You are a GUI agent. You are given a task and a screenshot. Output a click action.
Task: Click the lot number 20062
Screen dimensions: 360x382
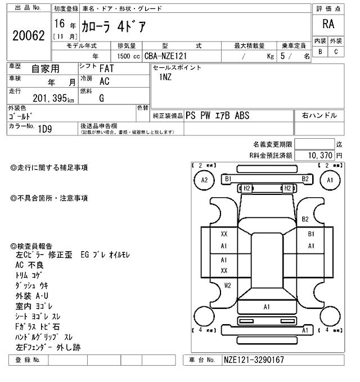tap(28, 36)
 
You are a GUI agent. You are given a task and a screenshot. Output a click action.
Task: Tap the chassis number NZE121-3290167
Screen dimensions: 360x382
tap(254, 360)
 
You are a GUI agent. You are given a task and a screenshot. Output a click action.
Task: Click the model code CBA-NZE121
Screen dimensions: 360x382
tap(166, 56)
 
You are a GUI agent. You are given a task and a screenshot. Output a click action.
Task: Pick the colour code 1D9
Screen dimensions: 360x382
tap(46, 129)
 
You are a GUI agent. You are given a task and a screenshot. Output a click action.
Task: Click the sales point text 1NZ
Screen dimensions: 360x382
tap(166, 78)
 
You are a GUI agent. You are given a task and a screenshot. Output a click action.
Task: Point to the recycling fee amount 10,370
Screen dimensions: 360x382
tap(319, 155)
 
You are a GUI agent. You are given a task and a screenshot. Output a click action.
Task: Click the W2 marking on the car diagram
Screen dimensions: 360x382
tap(228, 285)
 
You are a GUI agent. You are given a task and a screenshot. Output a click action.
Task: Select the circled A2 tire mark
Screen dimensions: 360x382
tap(205, 180)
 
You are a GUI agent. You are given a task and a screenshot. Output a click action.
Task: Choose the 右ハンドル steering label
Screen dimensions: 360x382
tap(319, 115)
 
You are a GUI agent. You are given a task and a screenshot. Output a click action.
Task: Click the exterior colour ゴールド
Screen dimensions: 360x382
tap(20, 116)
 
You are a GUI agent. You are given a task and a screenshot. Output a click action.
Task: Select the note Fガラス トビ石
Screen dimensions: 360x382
tap(38, 326)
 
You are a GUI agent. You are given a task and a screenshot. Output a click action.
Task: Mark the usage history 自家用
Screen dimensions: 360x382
tap(45, 69)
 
